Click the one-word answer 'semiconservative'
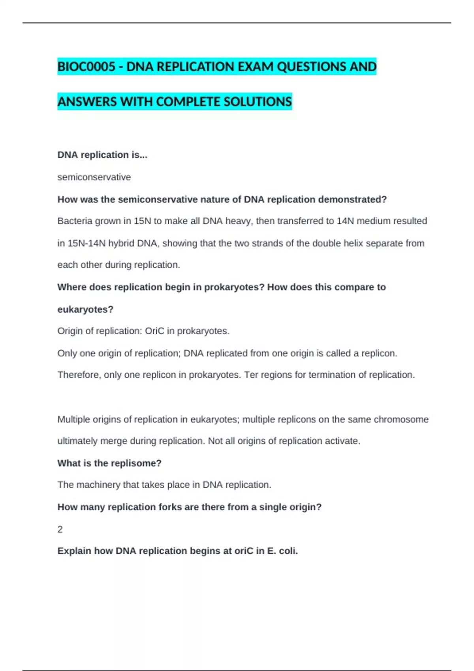click(94, 177)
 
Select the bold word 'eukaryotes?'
click(85, 309)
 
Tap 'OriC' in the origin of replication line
click(154, 331)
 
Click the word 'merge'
click(113, 441)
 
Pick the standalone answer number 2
click(60, 529)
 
